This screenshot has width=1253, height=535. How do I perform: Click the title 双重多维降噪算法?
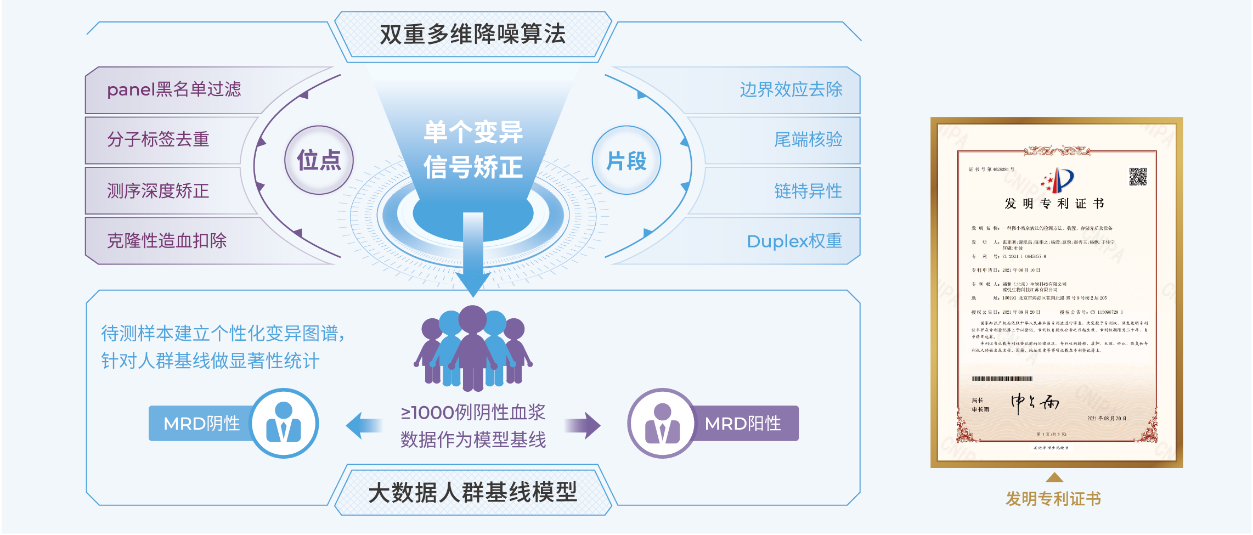pos(472,34)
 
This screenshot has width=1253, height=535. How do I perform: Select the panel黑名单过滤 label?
pos(174,89)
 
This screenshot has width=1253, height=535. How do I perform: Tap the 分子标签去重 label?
pos(158,139)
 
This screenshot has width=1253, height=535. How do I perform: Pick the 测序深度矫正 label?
pos(158,191)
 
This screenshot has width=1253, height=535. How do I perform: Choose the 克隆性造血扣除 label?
pos(167,241)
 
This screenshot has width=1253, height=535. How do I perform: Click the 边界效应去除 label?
pos(791,89)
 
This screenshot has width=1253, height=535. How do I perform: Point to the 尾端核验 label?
pos(808,139)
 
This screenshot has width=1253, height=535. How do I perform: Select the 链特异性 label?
pos(808,191)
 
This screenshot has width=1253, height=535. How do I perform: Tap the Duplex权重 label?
pos(794,241)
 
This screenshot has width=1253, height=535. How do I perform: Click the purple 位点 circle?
pos(319,160)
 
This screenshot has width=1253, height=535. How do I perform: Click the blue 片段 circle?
pos(626,160)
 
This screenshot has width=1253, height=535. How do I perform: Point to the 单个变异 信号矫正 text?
pos(473,149)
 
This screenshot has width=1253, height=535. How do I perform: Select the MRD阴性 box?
pos(201,423)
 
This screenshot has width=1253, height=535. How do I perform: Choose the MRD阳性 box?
pos(743,423)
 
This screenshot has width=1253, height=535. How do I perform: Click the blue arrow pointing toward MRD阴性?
pos(364,425)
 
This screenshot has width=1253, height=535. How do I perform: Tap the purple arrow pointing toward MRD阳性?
pos(583,425)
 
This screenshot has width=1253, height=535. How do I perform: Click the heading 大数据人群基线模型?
pos(472,492)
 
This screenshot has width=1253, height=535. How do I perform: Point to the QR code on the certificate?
pos(1137,177)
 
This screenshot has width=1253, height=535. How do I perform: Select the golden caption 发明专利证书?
pos(1053,498)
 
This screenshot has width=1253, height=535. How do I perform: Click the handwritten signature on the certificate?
pos(1035,403)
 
